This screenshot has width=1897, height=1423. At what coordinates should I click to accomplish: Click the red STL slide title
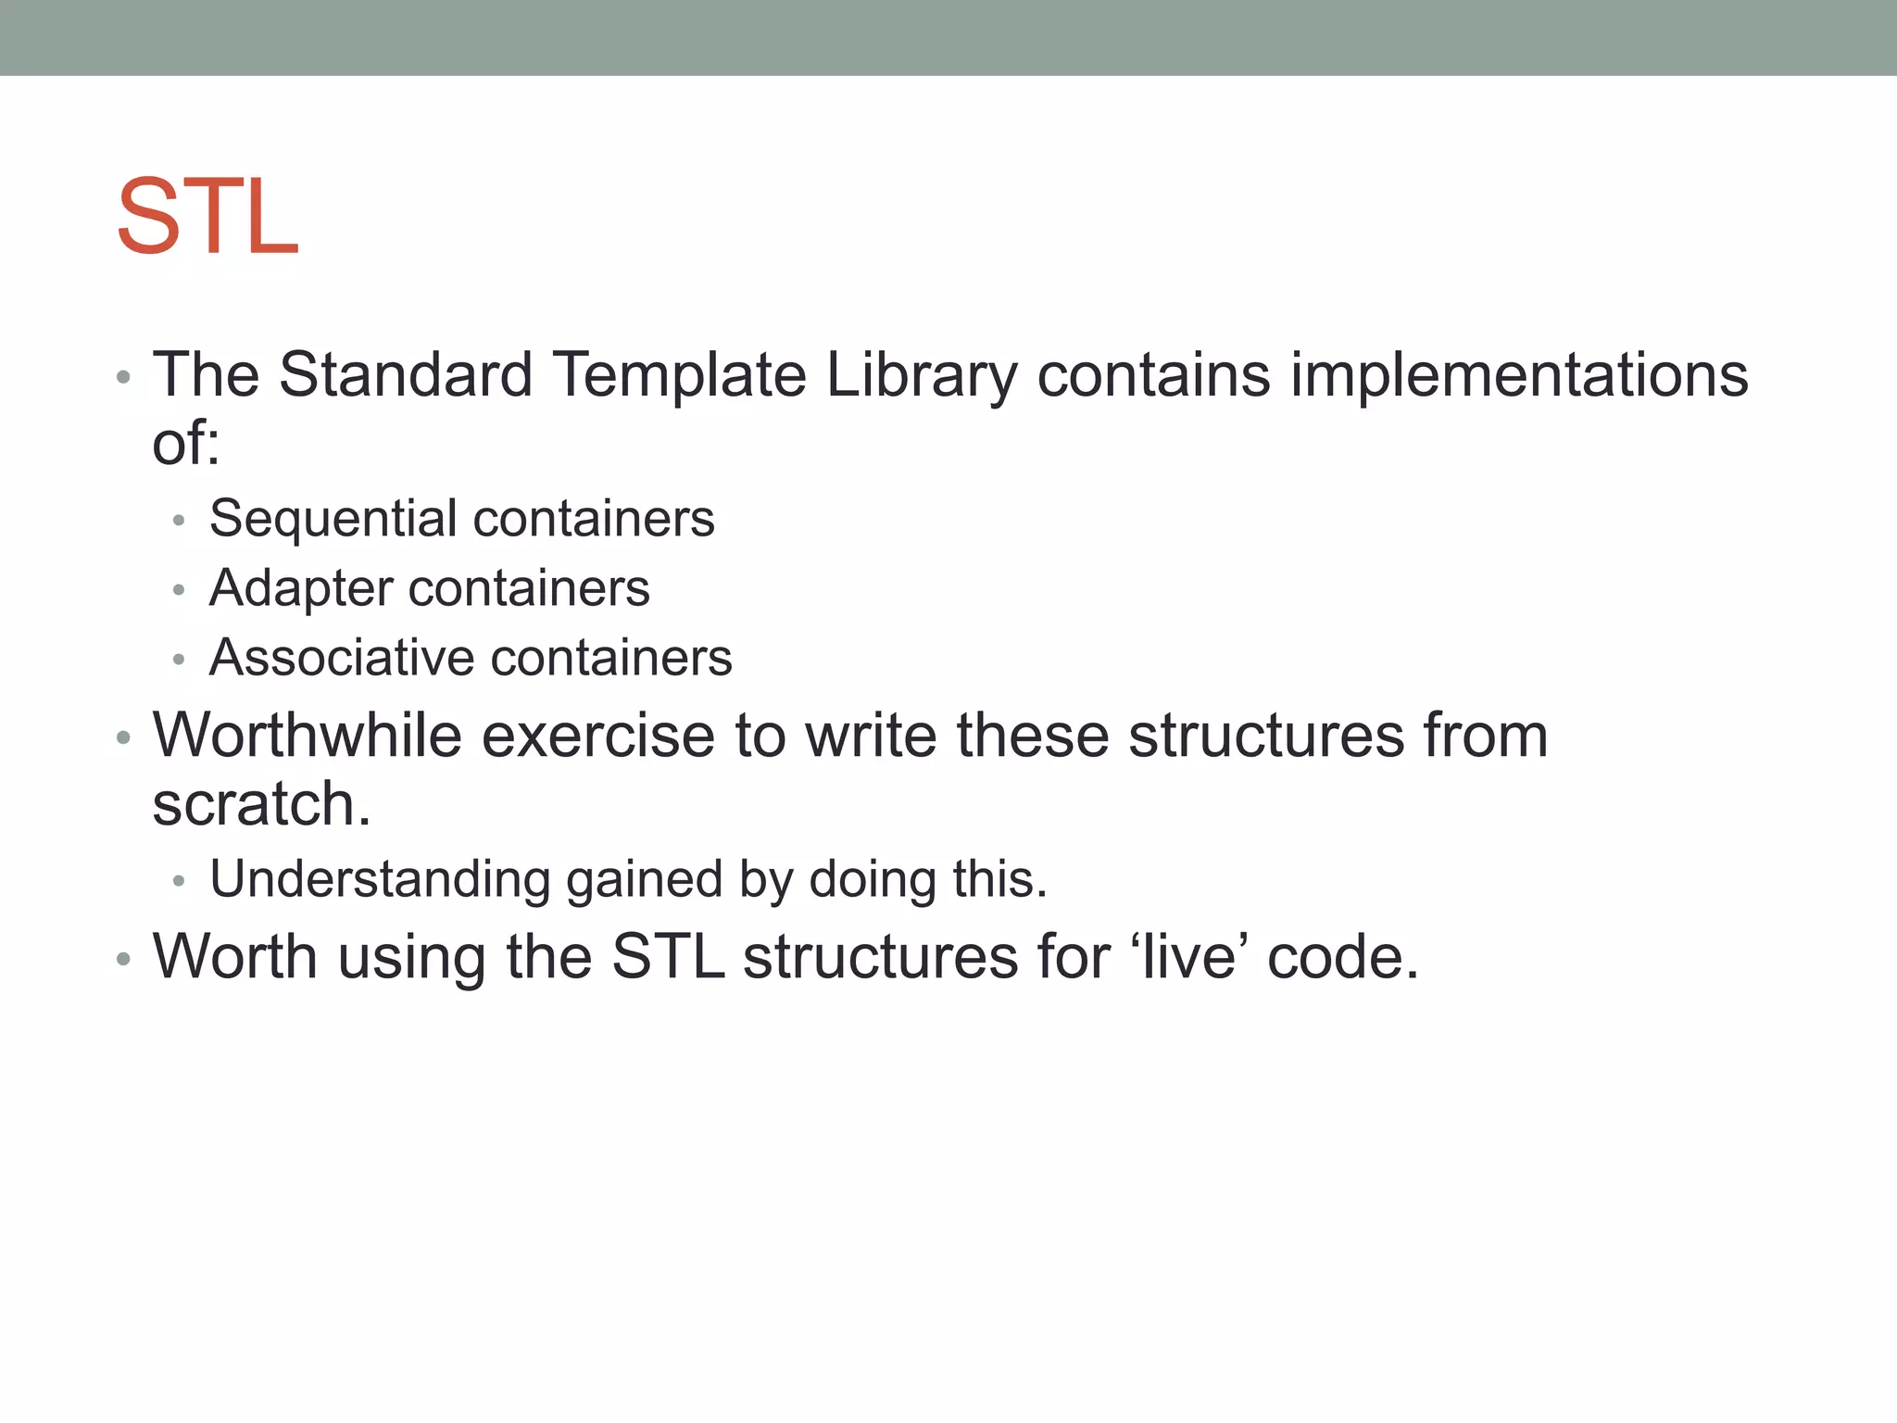point(207,217)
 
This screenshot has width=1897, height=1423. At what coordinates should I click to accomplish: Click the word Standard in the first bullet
point(406,375)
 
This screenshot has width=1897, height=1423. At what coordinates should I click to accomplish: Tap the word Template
point(680,375)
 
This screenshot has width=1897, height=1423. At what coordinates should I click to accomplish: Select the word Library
point(921,377)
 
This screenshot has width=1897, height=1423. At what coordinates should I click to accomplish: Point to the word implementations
point(1519,377)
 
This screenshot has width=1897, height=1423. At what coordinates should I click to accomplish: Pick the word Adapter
point(301,589)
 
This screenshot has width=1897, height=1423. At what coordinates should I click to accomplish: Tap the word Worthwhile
point(307,736)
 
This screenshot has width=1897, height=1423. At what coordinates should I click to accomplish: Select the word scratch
point(259,804)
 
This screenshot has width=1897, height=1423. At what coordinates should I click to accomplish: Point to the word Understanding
point(380,880)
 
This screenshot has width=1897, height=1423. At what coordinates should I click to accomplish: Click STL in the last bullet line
point(668,956)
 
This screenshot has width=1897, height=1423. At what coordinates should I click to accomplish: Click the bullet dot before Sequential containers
point(179,521)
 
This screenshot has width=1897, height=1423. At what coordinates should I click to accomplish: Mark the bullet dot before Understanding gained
point(179,881)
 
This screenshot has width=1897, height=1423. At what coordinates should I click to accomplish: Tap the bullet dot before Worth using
point(123,959)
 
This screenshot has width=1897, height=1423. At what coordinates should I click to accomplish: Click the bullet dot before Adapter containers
point(179,590)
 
